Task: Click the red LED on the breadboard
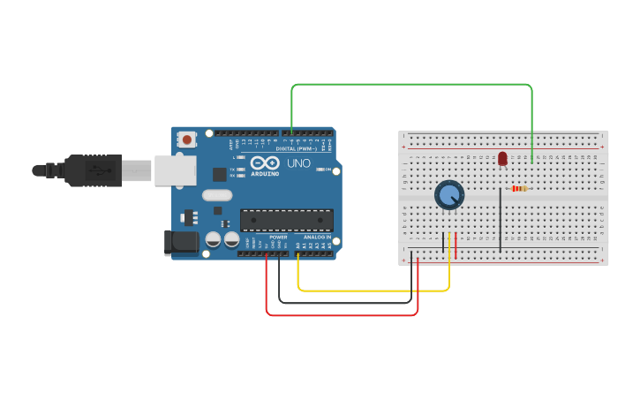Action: tap(502, 158)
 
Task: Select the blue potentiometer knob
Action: tap(449, 195)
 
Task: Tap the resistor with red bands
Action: tap(519, 188)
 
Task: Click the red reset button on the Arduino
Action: tap(186, 139)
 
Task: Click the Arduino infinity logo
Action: tap(263, 163)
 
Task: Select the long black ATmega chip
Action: tap(286, 220)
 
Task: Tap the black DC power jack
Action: tap(180, 243)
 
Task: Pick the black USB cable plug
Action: tap(93, 170)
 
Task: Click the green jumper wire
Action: tap(410, 85)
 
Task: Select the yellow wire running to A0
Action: tap(371, 290)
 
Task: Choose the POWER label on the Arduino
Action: tap(278, 237)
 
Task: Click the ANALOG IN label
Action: tap(317, 237)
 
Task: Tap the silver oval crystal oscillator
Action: tap(216, 195)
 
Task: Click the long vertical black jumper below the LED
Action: tap(501, 219)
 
